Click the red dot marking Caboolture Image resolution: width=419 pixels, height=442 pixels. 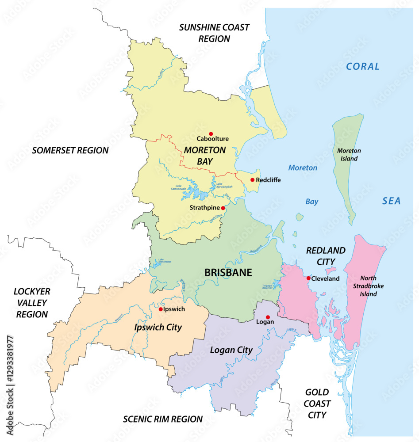[211, 133]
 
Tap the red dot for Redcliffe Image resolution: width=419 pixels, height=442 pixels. [252, 180]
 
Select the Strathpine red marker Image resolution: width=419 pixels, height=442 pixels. [223, 208]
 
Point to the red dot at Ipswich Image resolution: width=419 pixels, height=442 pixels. [161, 309]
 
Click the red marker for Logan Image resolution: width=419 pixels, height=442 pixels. [268, 317]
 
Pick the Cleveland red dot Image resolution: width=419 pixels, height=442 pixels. [308, 278]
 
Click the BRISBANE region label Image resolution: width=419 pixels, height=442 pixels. [228, 273]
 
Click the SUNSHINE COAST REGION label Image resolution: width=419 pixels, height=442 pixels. [214, 33]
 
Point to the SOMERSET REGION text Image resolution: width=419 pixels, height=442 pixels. [70, 150]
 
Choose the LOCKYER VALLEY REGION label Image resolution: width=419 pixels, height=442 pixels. [32, 303]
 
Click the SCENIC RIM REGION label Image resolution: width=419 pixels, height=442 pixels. [163, 419]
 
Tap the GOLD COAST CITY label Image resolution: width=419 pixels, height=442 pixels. [317, 404]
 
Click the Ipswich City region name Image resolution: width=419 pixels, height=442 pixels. [158, 328]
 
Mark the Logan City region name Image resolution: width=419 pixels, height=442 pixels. [231, 350]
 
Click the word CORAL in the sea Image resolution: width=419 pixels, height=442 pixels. [363, 66]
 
